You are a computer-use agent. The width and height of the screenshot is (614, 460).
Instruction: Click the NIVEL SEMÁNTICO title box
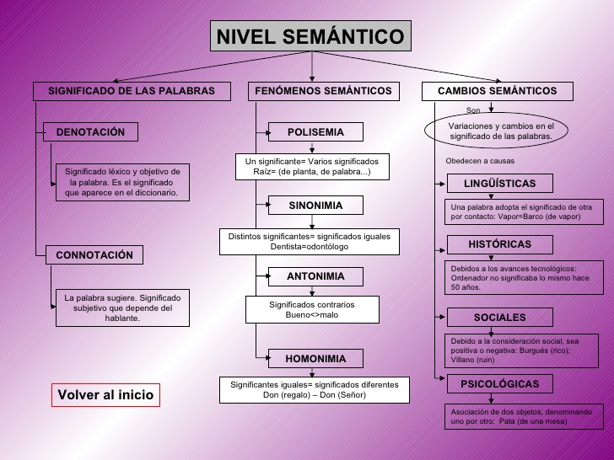click(311, 36)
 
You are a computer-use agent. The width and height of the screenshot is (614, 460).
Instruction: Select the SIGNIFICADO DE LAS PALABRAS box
click(132, 91)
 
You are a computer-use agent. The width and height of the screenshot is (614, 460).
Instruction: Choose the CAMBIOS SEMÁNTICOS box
click(497, 91)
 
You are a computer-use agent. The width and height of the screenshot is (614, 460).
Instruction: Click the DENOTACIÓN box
click(90, 132)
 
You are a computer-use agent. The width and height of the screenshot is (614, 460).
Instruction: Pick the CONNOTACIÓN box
click(94, 254)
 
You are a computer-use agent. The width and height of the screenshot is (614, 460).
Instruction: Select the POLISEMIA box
click(315, 132)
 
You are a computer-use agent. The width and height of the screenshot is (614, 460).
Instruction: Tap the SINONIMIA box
click(315, 205)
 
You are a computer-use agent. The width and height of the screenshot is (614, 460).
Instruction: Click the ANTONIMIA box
click(315, 276)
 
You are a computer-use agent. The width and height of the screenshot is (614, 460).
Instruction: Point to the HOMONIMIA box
click(315, 358)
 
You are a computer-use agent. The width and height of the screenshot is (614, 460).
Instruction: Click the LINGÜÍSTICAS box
click(499, 184)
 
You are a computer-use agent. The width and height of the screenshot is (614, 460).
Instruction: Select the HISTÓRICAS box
click(499, 244)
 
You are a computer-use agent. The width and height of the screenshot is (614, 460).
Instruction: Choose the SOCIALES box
click(499, 318)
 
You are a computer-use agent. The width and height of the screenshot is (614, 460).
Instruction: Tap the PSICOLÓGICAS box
click(499, 384)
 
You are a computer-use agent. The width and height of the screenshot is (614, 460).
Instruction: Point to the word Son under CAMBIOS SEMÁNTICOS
click(473, 110)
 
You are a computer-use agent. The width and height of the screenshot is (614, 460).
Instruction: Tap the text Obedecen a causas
click(479, 160)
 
